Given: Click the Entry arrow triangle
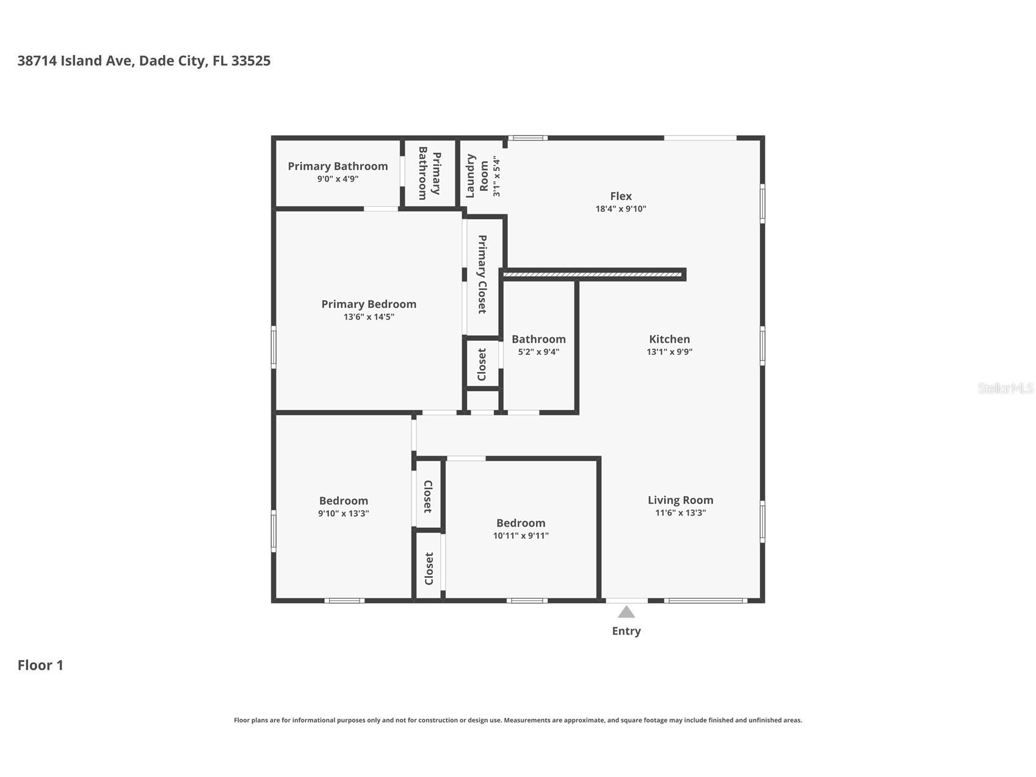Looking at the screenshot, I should point(626,612).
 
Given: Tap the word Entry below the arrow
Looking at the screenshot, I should point(626,631).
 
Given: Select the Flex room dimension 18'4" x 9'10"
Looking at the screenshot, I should point(620,209).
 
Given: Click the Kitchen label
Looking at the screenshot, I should point(669,339).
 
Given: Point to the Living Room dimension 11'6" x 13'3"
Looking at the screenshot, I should point(680,513).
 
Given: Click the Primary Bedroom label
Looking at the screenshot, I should point(369,304).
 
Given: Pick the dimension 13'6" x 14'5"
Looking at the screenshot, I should point(369,317).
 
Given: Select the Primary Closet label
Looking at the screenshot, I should point(482,274).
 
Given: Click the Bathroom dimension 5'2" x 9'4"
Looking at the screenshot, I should point(538,352).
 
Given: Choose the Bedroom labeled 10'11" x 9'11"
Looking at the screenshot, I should point(521,523).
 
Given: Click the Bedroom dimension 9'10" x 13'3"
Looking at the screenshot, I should point(343,514).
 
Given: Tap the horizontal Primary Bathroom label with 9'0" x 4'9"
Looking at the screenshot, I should point(338,166).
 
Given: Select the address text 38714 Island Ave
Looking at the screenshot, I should point(76,60).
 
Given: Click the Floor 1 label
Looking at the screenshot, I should point(40,665).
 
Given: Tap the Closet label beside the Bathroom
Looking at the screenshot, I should point(482,364).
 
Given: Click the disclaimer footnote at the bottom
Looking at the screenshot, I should point(518,720).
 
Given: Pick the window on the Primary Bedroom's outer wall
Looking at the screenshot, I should point(273,347).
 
